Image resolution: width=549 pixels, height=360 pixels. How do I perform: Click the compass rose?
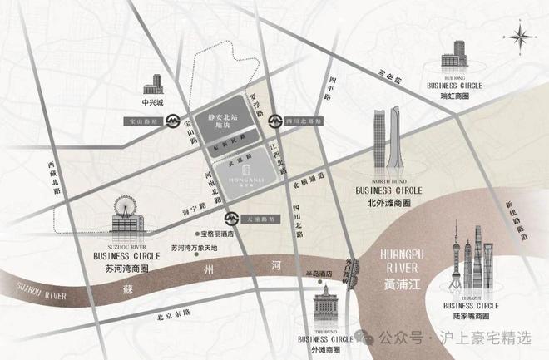(x=521, y=37)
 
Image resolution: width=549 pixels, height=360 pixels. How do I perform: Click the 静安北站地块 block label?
(x=221, y=124)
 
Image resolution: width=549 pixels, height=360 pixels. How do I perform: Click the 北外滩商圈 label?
(x=388, y=200)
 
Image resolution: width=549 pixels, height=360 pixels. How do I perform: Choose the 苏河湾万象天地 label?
(x=194, y=248)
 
